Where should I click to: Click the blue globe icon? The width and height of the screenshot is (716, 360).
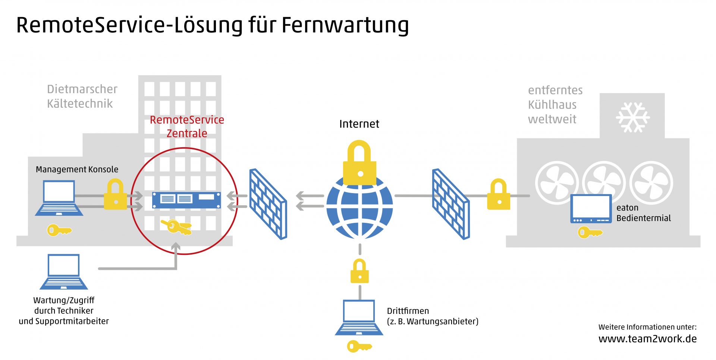[359, 207]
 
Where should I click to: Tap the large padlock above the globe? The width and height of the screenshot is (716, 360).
[359, 163]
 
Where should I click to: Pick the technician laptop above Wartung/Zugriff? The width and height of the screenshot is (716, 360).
[64, 272]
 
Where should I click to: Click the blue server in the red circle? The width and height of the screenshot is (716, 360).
[186, 200]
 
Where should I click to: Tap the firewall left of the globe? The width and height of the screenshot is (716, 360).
[268, 204]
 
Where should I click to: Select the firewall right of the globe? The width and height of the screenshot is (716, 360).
[451, 204]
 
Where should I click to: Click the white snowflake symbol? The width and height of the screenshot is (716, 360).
[633, 117]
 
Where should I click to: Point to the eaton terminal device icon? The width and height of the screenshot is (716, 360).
[591, 209]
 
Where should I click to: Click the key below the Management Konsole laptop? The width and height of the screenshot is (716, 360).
[59, 230]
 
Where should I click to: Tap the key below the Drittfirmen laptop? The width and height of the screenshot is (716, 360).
[359, 347]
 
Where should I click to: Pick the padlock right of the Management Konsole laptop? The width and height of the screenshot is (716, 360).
[116, 194]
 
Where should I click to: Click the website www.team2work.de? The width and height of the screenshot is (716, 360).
[647, 339]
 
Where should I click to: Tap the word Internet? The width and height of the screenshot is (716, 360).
[359, 124]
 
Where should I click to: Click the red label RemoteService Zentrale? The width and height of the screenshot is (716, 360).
[187, 126]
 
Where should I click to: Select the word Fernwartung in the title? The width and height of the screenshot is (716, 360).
[345, 25]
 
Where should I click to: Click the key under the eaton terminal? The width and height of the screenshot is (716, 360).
[590, 233]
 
